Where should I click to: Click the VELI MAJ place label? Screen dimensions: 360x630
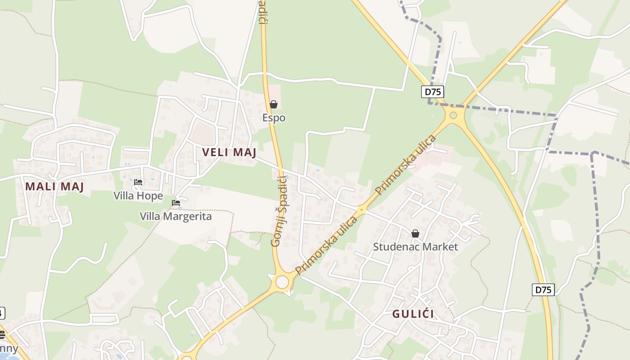[229, 153]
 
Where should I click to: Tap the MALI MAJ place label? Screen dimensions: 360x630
[54, 187]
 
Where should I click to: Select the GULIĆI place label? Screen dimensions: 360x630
[413, 314]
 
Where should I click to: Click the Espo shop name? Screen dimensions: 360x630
[274, 118]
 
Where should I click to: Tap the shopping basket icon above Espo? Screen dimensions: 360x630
[274, 105]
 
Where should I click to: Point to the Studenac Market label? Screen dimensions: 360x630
[415, 247]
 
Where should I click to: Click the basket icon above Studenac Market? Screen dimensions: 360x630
[415, 234]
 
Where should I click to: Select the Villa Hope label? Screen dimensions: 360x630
[138, 196]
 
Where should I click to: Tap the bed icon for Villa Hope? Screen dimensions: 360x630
[138, 182]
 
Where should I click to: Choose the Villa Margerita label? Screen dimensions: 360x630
[175, 216]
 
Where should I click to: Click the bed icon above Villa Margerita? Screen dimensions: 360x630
[176, 203]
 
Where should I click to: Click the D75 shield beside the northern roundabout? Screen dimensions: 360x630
[433, 92]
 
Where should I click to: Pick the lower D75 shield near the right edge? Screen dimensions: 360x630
[543, 289]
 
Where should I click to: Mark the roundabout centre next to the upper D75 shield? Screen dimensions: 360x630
[453, 115]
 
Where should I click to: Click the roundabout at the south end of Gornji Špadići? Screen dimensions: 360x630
[282, 282]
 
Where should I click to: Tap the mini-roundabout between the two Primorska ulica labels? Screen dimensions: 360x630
[361, 209]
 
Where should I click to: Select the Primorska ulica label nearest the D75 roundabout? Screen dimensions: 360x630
[406, 165]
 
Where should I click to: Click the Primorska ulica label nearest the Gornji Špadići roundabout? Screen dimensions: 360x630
[326, 246]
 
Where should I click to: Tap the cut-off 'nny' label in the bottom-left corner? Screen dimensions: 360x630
[9, 349]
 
